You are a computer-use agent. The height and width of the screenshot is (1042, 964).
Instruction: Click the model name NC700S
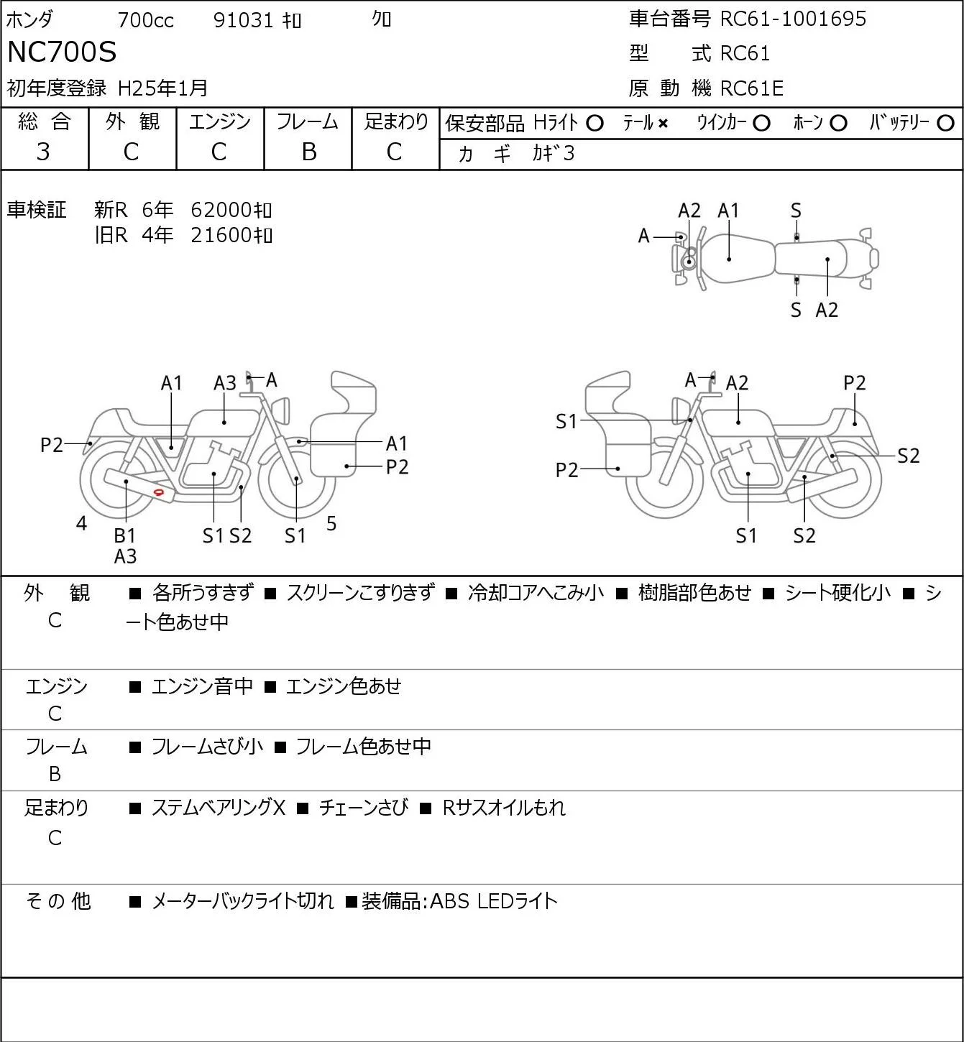tap(62, 52)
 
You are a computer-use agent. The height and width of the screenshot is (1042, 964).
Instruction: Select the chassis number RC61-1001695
tap(793, 19)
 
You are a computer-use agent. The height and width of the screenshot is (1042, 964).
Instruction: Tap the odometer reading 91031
tap(243, 20)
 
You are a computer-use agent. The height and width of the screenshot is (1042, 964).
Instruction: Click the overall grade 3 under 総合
tap(43, 152)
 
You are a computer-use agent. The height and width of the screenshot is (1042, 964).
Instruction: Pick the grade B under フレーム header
tap(308, 152)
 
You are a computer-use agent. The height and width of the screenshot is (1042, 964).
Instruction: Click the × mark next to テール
tap(663, 124)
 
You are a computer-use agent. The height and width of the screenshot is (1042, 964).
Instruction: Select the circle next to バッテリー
tap(945, 124)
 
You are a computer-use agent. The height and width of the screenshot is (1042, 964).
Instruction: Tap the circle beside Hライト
tap(595, 124)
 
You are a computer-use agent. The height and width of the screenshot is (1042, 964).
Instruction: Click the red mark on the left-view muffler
tap(159, 492)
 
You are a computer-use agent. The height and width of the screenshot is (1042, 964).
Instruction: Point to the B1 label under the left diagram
tap(125, 535)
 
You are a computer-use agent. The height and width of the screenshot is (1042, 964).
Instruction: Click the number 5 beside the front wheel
tap(331, 523)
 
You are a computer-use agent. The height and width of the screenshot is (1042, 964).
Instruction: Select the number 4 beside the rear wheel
tap(81, 523)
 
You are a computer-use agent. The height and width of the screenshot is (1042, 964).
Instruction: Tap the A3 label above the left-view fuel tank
tap(225, 383)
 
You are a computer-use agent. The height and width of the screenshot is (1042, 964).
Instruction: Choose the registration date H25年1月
tap(162, 88)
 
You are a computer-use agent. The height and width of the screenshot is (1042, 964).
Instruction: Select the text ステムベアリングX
tap(219, 808)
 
